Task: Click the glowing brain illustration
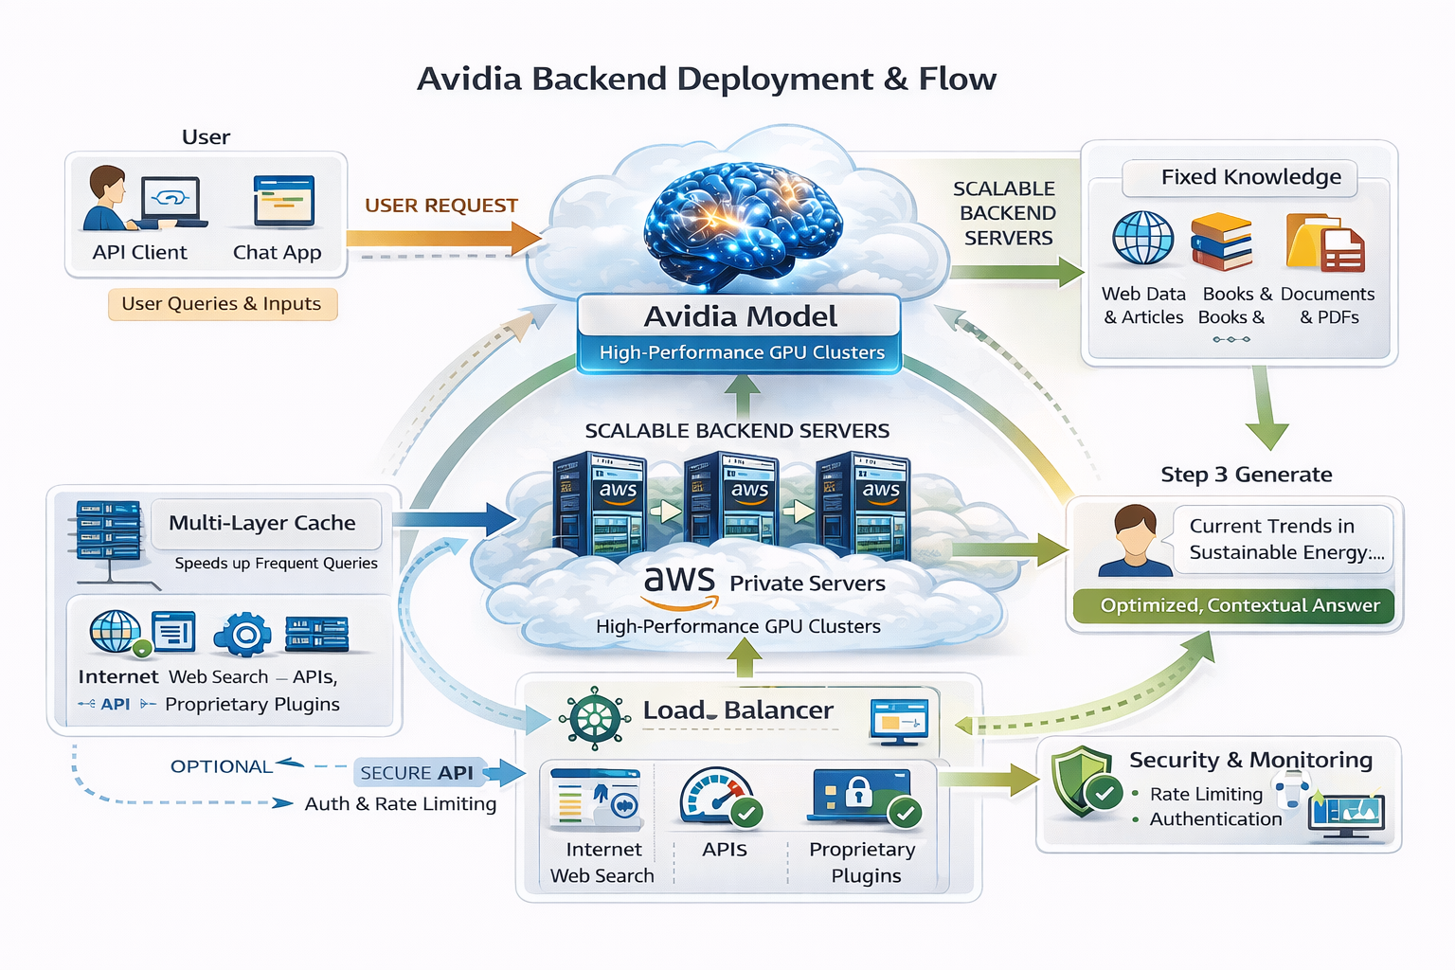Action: click(x=742, y=225)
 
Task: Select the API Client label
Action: click(x=139, y=253)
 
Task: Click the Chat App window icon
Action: click(x=283, y=200)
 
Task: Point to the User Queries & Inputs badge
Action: click(x=222, y=304)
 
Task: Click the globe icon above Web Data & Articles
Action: click(x=1142, y=238)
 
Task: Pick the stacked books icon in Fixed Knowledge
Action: click(x=1221, y=242)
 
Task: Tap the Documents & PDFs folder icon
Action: click(x=1323, y=243)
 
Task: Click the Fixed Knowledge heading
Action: click(x=1250, y=177)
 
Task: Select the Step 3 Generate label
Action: click(x=1246, y=475)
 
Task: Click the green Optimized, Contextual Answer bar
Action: click(x=1233, y=605)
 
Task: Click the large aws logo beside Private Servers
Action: click(x=679, y=585)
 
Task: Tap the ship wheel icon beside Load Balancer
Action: click(x=594, y=718)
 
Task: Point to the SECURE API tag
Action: click(x=417, y=773)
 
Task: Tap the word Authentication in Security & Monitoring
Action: click(x=1215, y=819)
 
